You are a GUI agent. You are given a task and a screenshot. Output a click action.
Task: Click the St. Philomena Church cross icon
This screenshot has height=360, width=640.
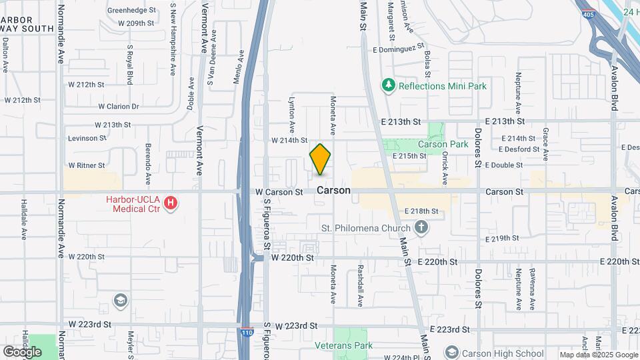tap(421, 228)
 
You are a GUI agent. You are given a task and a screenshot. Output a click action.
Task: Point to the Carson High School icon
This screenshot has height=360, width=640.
tap(451, 352)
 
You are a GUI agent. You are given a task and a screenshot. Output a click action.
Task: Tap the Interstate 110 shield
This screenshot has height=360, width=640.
tap(246, 330)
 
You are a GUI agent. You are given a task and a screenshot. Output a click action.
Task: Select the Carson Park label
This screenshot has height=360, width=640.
tap(443, 144)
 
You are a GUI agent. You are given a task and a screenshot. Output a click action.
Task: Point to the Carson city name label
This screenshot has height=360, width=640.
tap(333, 190)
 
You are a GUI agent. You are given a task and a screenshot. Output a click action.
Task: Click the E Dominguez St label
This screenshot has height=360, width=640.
tap(399, 49)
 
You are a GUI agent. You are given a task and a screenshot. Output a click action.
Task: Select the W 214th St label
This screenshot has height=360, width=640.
tap(289, 140)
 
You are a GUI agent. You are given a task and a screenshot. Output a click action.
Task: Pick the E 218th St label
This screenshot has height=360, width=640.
tap(421, 211)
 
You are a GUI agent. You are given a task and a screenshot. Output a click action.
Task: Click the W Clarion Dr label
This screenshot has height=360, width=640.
tap(118, 106)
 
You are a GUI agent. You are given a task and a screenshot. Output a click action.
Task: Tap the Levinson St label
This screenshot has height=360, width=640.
tap(87, 138)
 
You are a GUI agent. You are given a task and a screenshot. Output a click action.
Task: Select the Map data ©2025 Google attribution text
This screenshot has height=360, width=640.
tap(598, 355)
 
